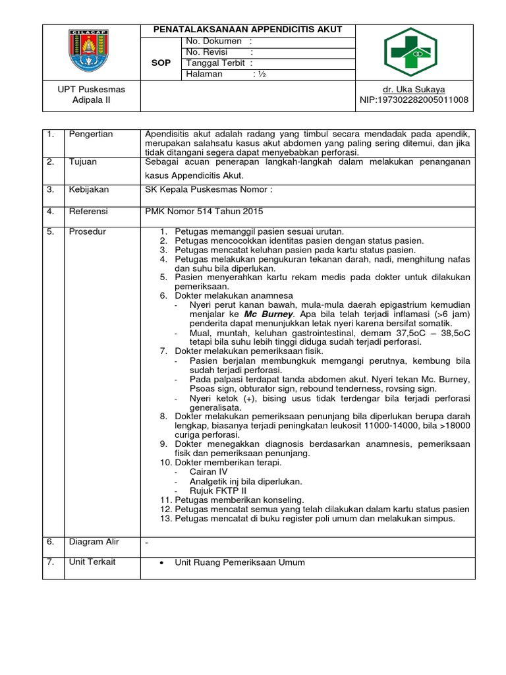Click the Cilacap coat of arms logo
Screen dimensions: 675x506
[x=91, y=52]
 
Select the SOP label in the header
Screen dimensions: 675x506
[x=161, y=63]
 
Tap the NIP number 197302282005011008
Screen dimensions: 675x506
[x=414, y=100]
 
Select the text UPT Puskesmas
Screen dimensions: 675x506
[x=91, y=89]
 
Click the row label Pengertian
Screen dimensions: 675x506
[x=91, y=134]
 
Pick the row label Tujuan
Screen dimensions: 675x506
[x=83, y=161]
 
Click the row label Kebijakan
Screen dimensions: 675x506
[x=89, y=189]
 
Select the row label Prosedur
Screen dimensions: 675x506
[x=88, y=231]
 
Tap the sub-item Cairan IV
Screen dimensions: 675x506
[x=208, y=472]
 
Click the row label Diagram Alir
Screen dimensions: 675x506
[x=94, y=541]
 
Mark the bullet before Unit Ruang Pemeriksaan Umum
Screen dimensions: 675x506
[x=162, y=563]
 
